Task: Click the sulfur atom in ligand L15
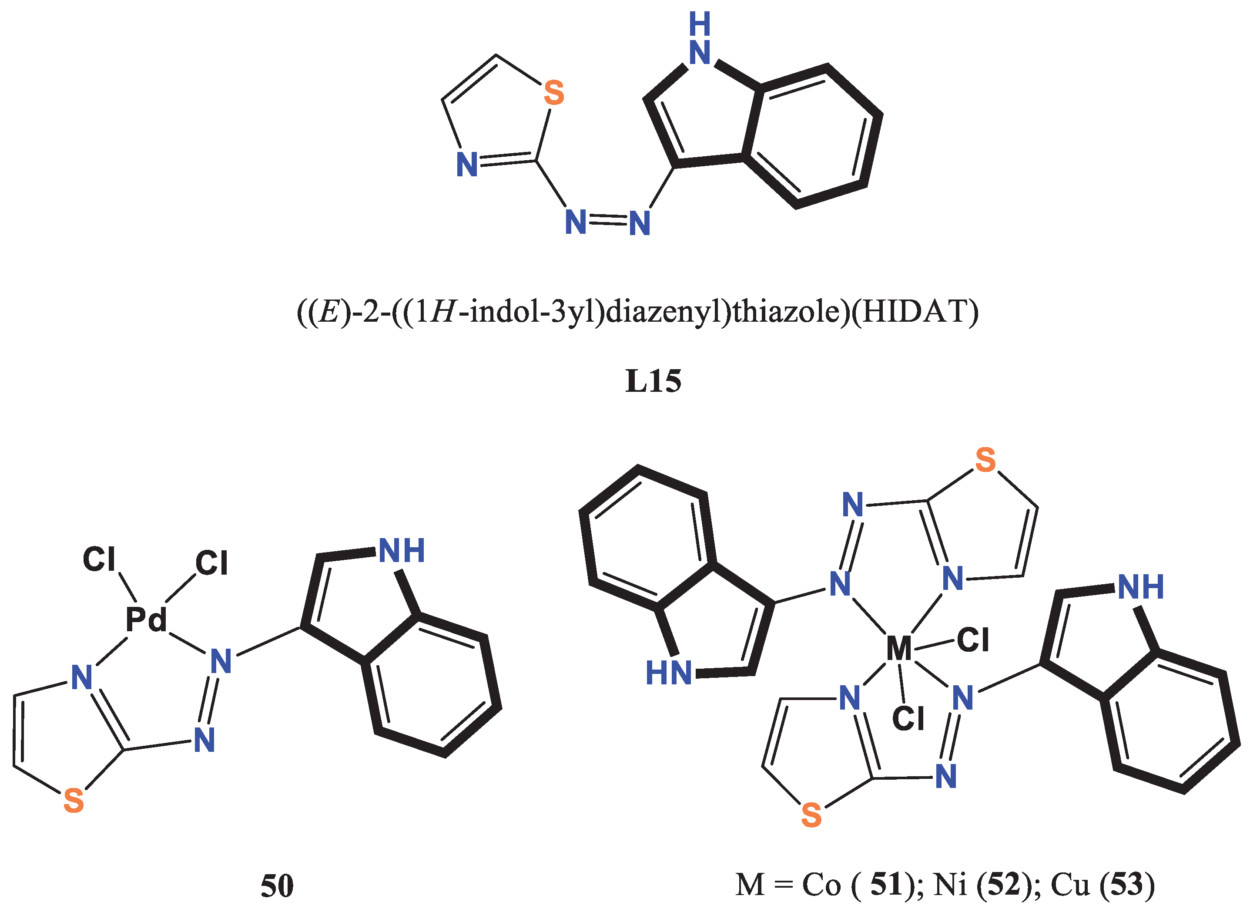point(553,93)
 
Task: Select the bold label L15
point(653,381)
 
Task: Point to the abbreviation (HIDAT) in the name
point(915,312)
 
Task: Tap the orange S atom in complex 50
point(73,801)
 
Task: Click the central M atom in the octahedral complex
point(898,649)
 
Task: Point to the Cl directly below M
point(908,719)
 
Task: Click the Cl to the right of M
point(973,640)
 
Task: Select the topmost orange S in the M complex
point(985,460)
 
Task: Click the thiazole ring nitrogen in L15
point(467,165)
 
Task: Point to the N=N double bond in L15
point(607,221)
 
